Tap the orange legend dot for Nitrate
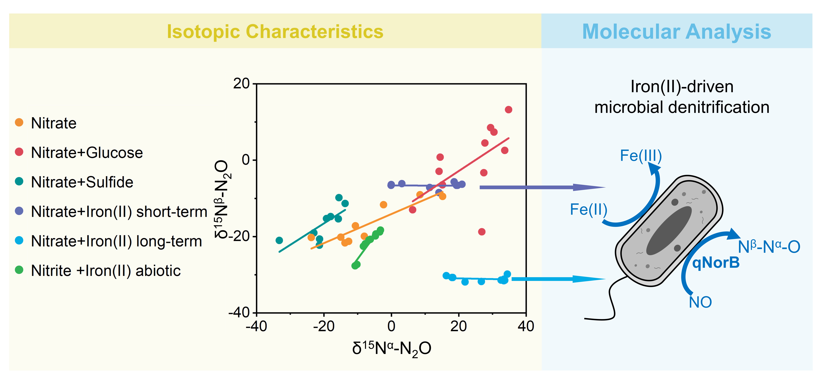pos(19,122)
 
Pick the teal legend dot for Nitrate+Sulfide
pos(19,181)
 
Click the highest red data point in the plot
pos(508,110)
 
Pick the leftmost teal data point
pos(279,240)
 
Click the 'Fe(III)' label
pos(641,156)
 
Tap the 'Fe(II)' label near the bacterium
pos(588,210)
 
